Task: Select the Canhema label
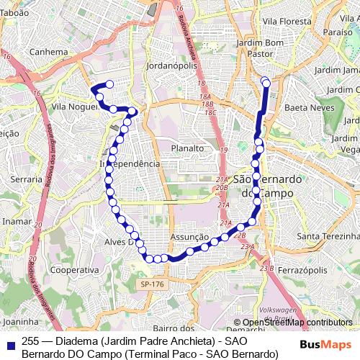28,52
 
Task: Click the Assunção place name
189,236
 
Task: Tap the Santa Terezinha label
328,236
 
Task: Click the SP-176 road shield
146,286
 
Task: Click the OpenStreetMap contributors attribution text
297,323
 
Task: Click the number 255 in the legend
31,341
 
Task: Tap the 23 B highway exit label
267,269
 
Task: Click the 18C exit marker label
210,113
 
